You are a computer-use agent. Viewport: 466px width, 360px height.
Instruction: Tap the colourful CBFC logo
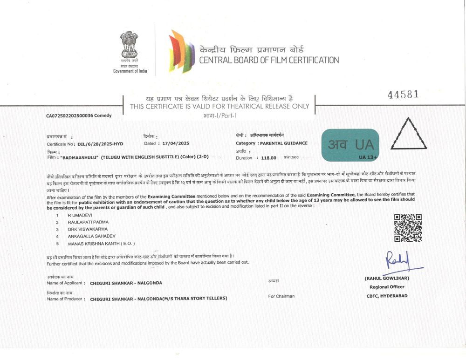[x=181, y=51]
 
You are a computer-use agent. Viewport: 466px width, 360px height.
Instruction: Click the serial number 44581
[x=403, y=95]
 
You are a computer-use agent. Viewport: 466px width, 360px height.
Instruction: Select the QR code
[x=408, y=228]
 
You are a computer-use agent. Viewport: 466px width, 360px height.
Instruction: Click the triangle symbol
[x=408, y=135]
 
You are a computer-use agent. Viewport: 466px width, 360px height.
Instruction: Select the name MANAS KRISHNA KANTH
[x=101, y=244]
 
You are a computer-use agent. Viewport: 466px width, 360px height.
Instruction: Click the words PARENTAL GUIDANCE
[x=284, y=143]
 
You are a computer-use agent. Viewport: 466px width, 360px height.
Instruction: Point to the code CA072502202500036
[x=67, y=115]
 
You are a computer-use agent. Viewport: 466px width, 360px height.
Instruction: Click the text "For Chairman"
[x=281, y=296]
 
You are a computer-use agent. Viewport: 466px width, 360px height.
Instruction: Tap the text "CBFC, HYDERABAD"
[x=387, y=296]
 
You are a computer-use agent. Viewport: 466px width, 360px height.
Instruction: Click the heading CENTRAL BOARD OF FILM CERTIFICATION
[x=269, y=60]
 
